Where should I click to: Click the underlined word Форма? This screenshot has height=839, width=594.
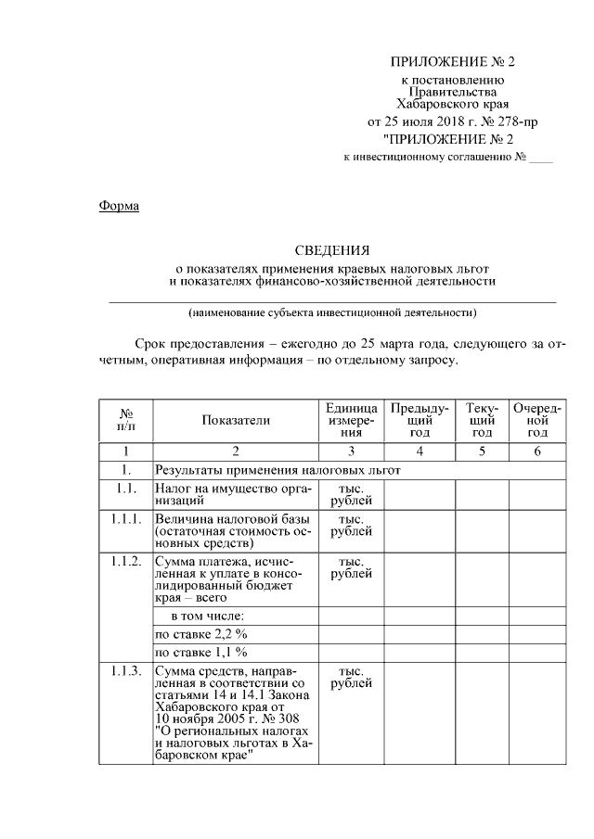119,206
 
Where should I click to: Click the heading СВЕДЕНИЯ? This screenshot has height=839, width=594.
331,249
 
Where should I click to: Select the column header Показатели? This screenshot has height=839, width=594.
236,420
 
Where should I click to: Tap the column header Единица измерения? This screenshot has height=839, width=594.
351,420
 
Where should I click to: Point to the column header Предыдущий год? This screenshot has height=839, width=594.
420,420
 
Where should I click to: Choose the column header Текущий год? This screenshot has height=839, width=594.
482,420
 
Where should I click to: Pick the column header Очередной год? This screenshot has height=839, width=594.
537,420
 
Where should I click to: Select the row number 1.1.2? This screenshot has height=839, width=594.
125,562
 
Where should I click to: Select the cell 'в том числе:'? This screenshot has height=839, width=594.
206,616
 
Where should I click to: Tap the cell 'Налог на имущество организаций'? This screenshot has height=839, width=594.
235,493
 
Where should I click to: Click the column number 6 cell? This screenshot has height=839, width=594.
537,451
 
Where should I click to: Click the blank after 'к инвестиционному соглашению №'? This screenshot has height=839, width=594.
540,158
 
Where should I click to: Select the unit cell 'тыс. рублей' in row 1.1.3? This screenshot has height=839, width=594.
351,678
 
